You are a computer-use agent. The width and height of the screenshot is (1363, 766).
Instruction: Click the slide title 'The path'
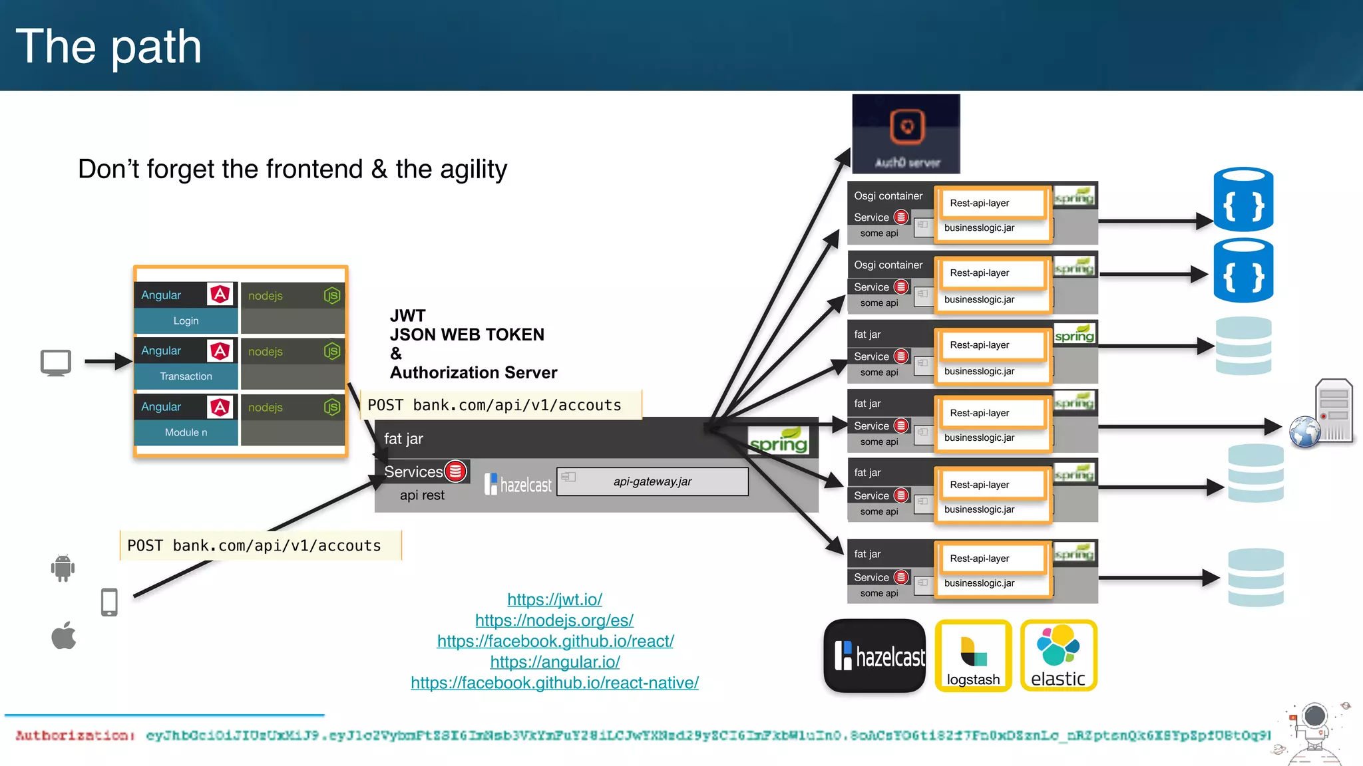click(x=108, y=47)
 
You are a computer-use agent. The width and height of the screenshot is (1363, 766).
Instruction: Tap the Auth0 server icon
click(x=906, y=134)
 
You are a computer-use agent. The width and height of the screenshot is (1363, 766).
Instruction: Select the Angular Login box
click(x=186, y=308)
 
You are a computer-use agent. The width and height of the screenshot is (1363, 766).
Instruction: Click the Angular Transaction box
click(x=186, y=364)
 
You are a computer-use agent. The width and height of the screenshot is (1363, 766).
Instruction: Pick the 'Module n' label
click(x=186, y=432)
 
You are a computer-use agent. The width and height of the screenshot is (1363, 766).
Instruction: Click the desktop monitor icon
click(x=56, y=363)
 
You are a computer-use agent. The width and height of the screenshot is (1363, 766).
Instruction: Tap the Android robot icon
click(x=63, y=568)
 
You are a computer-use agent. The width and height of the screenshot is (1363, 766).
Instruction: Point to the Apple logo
click(x=64, y=636)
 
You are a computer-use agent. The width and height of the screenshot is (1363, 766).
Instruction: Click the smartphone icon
click(x=109, y=602)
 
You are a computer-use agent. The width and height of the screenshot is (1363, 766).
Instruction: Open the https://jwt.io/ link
click(x=554, y=599)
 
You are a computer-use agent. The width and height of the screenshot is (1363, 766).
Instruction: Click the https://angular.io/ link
click(x=554, y=662)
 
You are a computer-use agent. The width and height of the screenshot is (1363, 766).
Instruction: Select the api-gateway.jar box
click(x=652, y=481)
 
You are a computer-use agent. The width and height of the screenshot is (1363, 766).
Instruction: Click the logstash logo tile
click(x=973, y=656)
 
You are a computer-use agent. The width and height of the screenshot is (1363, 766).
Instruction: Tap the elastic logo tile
click(x=1058, y=656)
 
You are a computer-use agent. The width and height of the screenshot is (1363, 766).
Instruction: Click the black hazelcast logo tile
click(x=875, y=656)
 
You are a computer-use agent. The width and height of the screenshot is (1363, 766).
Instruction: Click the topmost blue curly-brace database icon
click(x=1243, y=199)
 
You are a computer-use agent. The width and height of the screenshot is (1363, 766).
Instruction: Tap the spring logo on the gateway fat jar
click(x=778, y=442)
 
